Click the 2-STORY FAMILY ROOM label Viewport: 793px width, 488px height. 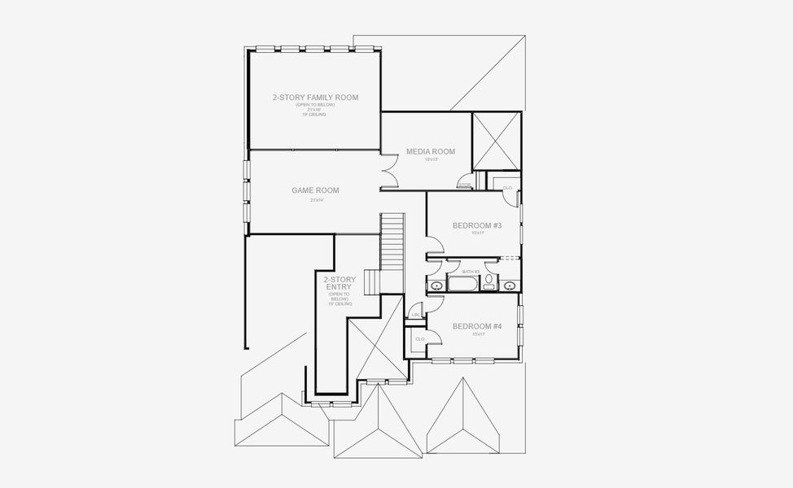click(x=315, y=98)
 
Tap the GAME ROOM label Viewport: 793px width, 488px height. click(x=315, y=190)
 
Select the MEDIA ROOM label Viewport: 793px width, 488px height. click(x=431, y=151)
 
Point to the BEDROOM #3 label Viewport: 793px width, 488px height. click(x=476, y=224)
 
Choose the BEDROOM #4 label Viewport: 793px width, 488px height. click(x=476, y=325)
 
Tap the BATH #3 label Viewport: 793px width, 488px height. click(x=471, y=271)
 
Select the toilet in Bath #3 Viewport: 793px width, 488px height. click(x=489, y=282)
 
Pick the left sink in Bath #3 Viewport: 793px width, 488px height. click(x=436, y=285)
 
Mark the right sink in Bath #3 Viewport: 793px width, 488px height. click(x=510, y=285)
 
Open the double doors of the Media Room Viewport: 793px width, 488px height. click(x=389, y=171)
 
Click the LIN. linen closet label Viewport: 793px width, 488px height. click(x=415, y=314)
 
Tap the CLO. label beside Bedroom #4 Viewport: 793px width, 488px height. click(x=420, y=339)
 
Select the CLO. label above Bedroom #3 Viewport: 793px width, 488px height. click(x=507, y=188)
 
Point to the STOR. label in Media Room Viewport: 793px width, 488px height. click(x=464, y=185)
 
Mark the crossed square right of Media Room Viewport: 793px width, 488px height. click(x=496, y=140)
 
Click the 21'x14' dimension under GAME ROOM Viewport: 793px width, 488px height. click(x=317, y=200)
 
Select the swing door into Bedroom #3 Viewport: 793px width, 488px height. click(x=435, y=242)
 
